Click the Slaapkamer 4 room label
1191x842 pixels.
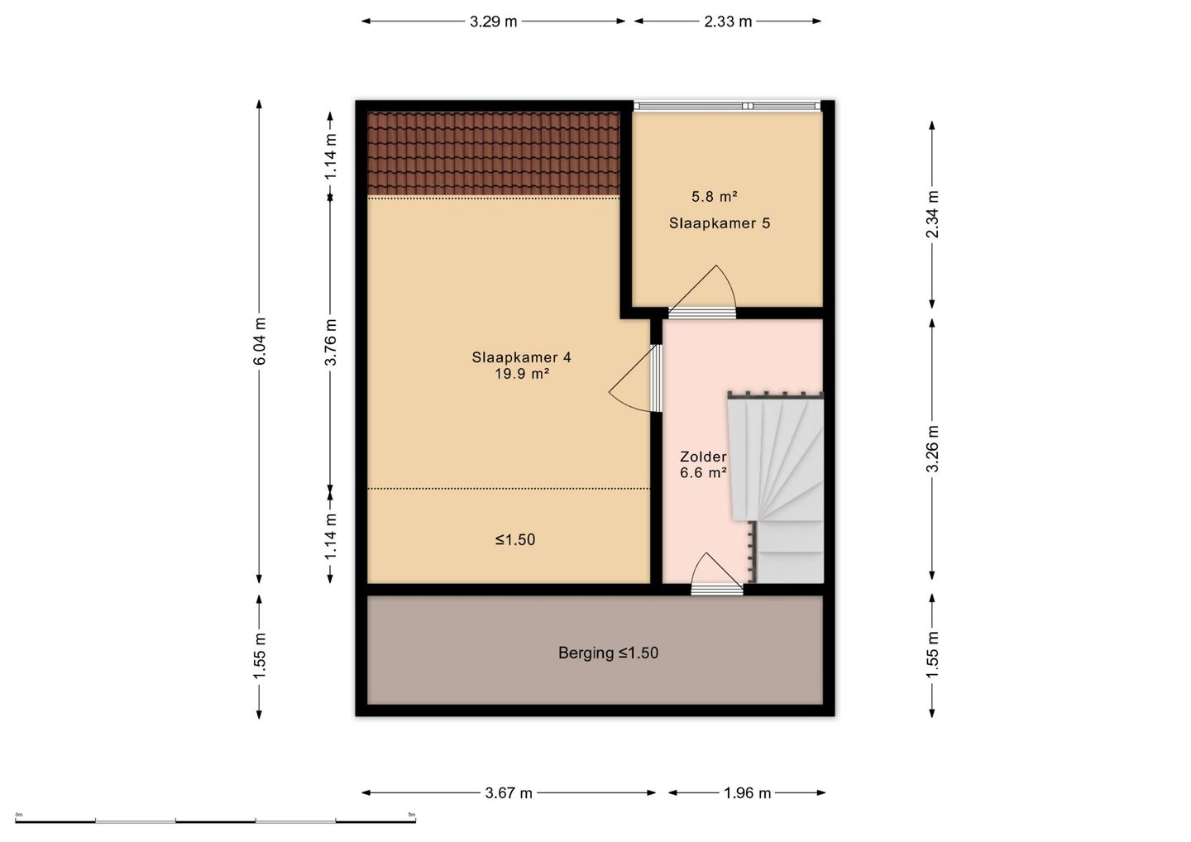click(x=521, y=357)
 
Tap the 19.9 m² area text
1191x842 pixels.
click(x=522, y=374)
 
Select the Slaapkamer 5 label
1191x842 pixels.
click(x=720, y=223)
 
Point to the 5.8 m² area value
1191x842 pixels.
click(x=714, y=197)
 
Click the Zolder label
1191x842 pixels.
click(x=703, y=456)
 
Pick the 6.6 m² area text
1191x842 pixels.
click(x=703, y=472)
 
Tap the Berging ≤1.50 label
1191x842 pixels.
click(x=608, y=653)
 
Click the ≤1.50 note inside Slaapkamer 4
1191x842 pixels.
click(x=514, y=539)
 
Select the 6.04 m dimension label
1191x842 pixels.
click(x=259, y=341)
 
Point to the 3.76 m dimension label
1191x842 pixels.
click(x=330, y=342)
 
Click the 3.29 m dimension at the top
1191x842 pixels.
click(x=494, y=22)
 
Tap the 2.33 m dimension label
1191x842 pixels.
click(x=728, y=22)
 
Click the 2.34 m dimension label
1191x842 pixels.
click(x=932, y=214)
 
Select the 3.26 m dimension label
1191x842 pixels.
click(x=932, y=448)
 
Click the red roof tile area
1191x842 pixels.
click(x=494, y=153)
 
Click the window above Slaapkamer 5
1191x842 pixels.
click(x=727, y=106)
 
